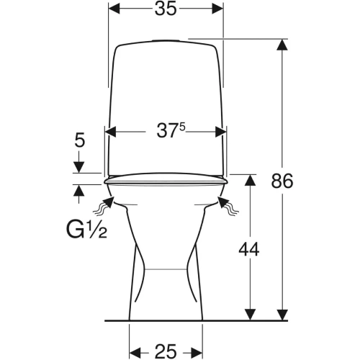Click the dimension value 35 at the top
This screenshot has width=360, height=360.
[x=166, y=9]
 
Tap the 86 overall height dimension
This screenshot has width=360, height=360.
[x=282, y=181]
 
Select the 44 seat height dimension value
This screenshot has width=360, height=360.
[x=249, y=249]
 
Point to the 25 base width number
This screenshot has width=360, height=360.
[x=166, y=351]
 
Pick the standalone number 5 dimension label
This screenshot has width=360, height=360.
[x=80, y=140]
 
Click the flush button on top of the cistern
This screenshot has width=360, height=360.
[x=166, y=40]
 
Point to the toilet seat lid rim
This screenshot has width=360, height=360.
[x=166, y=179]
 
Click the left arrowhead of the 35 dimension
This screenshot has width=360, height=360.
[x=114, y=9]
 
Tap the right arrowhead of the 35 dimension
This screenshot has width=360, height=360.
[x=218, y=9]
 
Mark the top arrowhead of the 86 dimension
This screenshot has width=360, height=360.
[x=282, y=45]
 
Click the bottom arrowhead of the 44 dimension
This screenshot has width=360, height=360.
[x=250, y=315]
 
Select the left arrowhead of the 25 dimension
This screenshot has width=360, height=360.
[x=135, y=352]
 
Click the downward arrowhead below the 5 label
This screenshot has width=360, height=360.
[x=79, y=167]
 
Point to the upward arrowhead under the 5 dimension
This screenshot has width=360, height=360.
[x=79, y=190]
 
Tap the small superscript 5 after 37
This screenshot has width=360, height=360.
[x=182, y=127]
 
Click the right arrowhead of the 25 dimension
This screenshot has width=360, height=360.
[x=197, y=352]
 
